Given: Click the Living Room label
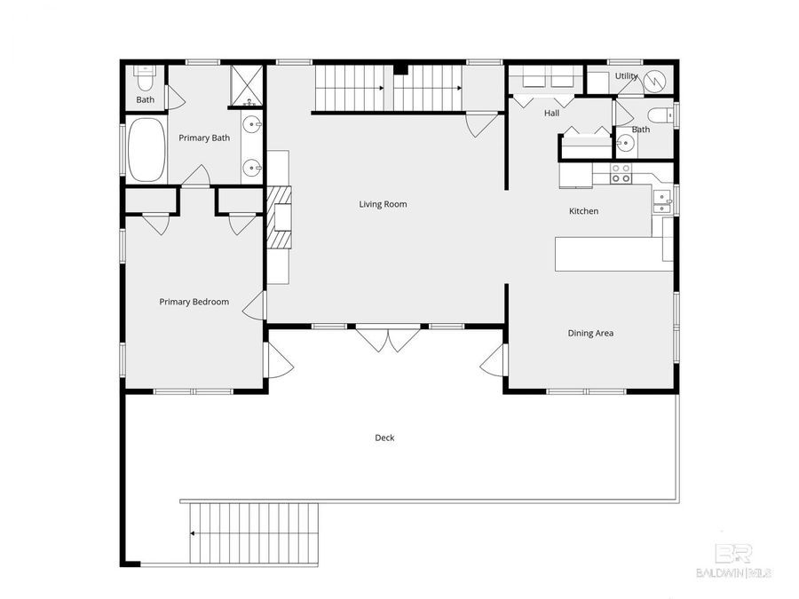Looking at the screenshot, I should point(383,204).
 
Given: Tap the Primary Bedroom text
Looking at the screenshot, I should point(194,302).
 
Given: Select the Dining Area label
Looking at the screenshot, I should point(590,334).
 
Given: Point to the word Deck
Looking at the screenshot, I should point(384,437).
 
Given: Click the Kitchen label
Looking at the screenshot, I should point(583,211).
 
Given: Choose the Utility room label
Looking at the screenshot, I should point(626,76).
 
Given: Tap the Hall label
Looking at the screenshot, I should point(551,114).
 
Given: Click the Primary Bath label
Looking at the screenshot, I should point(204,138).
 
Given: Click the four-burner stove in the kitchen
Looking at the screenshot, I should point(621,173).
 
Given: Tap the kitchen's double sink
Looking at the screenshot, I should point(661,202).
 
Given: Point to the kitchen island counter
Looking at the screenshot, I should point(613,253).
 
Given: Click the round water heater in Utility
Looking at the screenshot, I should point(657,81).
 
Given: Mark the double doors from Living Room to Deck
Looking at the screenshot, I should point(388,339).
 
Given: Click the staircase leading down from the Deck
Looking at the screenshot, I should point(253,532).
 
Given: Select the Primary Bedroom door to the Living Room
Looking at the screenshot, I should point(256,305).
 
